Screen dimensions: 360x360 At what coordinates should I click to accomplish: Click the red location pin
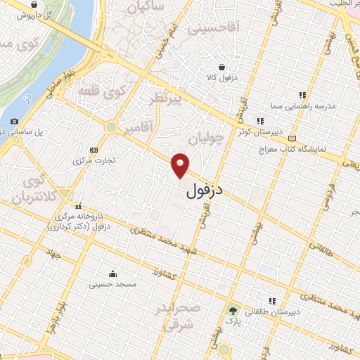[x=181, y=165]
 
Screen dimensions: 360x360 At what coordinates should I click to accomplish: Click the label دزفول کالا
[x=221, y=77]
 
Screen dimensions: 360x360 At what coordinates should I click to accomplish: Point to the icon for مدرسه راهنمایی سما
[x=302, y=95]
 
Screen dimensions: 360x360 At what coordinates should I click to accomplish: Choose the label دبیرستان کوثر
[x=259, y=131]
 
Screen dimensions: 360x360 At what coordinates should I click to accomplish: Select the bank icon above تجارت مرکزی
[x=94, y=150]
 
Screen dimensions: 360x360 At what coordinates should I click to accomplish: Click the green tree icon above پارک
[x=233, y=310]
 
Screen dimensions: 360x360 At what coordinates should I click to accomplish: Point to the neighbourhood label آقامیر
[x=140, y=129]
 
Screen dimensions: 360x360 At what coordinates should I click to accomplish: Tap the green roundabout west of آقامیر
[x=110, y=127]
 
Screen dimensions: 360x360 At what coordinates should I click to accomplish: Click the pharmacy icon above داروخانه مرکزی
[x=77, y=205]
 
